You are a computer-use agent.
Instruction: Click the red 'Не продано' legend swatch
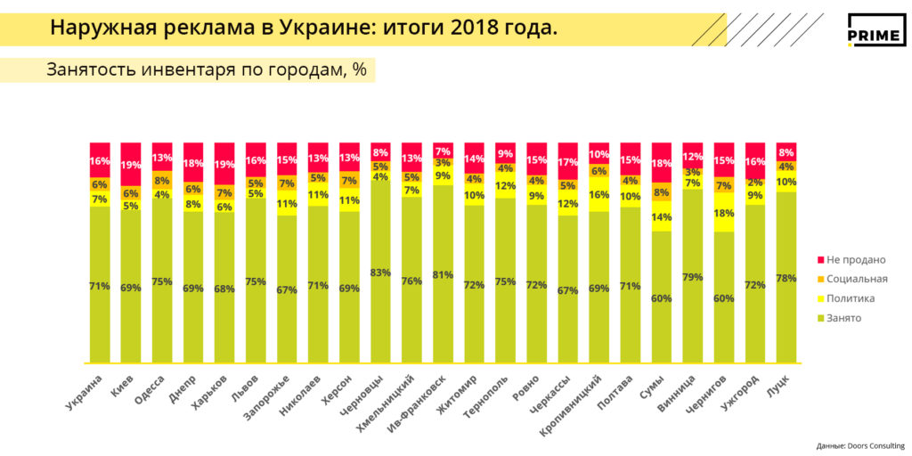click(x=820, y=260)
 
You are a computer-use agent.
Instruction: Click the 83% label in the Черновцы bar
click(x=380, y=273)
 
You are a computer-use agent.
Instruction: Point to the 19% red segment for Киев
click(x=131, y=165)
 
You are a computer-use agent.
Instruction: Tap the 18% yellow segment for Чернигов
click(x=724, y=214)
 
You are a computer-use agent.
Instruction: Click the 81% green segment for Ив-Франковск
click(x=443, y=274)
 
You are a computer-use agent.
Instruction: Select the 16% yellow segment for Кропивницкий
click(x=599, y=194)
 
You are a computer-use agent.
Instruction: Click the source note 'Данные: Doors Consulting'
click(x=859, y=445)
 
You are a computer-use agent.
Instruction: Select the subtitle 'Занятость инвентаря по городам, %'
click(x=207, y=70)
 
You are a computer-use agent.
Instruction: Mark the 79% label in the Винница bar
click(x=693, y=277)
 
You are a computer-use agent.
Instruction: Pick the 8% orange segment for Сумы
click(x=662, y=191)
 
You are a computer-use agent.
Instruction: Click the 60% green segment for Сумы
click(x=662, y=298)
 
